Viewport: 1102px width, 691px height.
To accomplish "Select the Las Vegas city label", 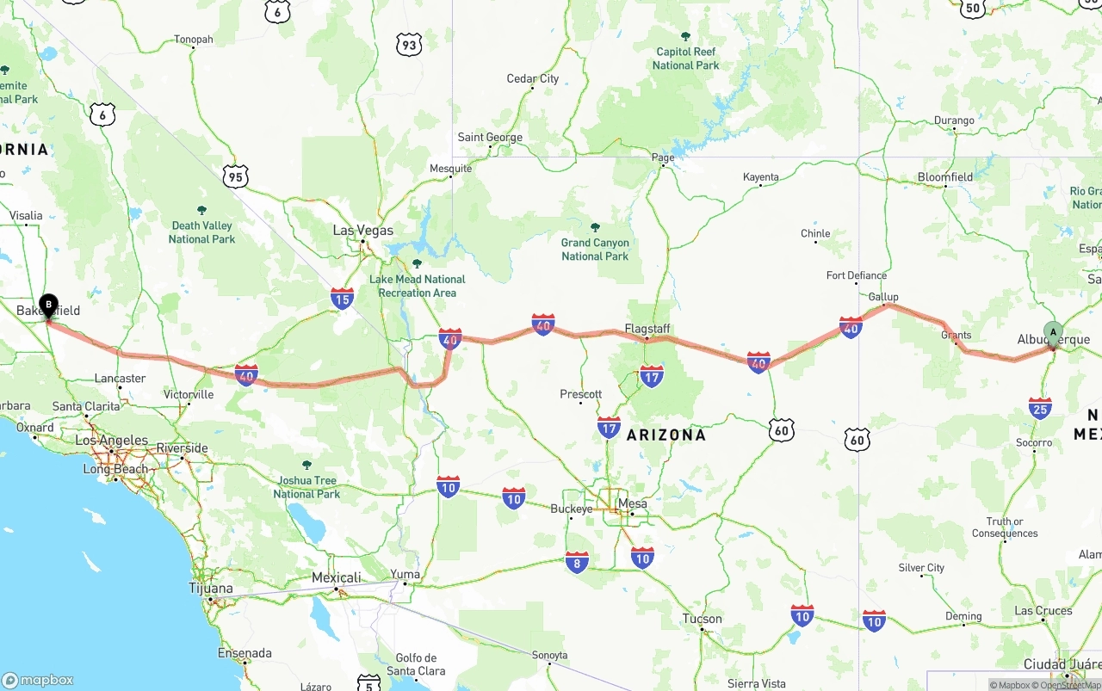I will pyautogui.click(x=362, y=231).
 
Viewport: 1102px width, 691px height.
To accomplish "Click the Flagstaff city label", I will pyautogui.click(x=647, y=330).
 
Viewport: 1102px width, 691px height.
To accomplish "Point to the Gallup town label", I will pyautogui.click(x=883, y=297).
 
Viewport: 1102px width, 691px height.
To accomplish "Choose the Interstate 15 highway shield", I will pyautogui.click(x=342, y=299).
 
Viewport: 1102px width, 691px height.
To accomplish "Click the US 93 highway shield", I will pyautogui.click(x=409, y=45).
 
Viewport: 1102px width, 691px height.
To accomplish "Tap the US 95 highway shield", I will pyautogui.click(x=234, y=177).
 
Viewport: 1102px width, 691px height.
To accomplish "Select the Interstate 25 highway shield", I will pyautogui.click(x=1040, y=408).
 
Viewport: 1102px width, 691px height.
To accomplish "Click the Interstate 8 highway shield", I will pyautogui.click(x=577, y=563).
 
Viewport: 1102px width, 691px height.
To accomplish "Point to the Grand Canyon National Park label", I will pyautogui.click(x=595, y=250).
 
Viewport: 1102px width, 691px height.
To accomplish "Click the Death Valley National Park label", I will pyautogui.click(x=201, y=232).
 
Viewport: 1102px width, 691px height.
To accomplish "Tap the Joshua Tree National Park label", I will pyautogui.click(x=306, y=487).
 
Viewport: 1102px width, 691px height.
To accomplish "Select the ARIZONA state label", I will pyautogui.click(x=666, y=435).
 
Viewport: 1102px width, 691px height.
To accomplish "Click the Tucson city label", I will pyautogui.click(x=702, y=619).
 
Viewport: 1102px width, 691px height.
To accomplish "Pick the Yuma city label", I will pyautogui.click(x=405, y=575).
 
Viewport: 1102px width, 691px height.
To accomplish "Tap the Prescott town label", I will pyautogui.click(x=580, y=394).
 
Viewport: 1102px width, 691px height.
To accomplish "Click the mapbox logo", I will pyautogui.click(x=38, y=680).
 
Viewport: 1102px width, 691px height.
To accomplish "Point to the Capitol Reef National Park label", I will pyautogui.click(x=685, y=59).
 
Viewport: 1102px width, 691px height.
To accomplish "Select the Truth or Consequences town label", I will pyautogui.click(x=1005, y=528).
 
